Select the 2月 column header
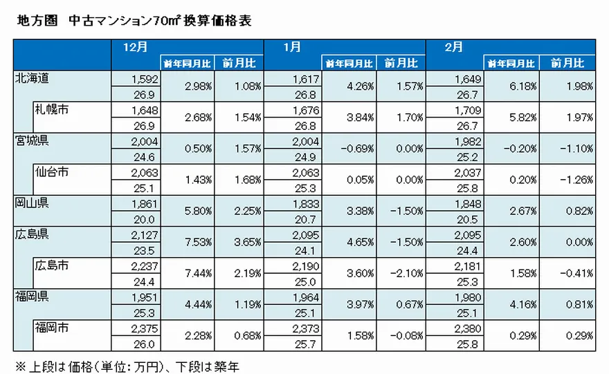pos(453,48)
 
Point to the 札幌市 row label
pos(52,110)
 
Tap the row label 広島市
pos(52,265)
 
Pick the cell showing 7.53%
pos(197,242)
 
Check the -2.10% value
pos(408,274)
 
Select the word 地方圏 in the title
pos(33,21)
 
